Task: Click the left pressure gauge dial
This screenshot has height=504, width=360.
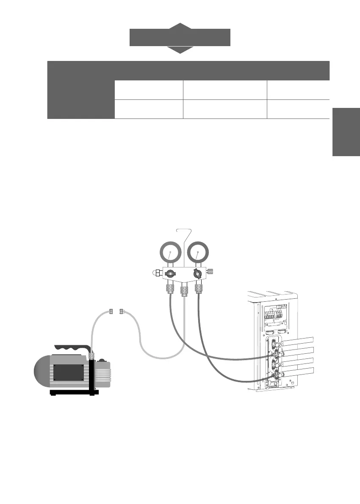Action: (169, 253)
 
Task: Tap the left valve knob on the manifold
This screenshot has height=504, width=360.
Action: (169, 274)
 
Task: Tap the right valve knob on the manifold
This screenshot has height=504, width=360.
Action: (198, 273)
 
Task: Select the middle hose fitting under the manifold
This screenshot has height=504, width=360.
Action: (184, 291)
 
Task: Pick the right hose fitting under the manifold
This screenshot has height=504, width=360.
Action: (198, 288)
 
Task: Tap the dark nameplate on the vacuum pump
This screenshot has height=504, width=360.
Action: (68, 372)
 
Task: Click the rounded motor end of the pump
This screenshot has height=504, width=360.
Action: (42, 372)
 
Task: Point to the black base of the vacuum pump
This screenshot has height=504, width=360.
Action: (74, 392)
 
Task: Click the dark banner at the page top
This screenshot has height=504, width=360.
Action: (180, 37)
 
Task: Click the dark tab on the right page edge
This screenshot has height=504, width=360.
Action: (346, 132)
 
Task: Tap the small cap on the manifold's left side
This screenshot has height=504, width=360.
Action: (156, 273)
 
